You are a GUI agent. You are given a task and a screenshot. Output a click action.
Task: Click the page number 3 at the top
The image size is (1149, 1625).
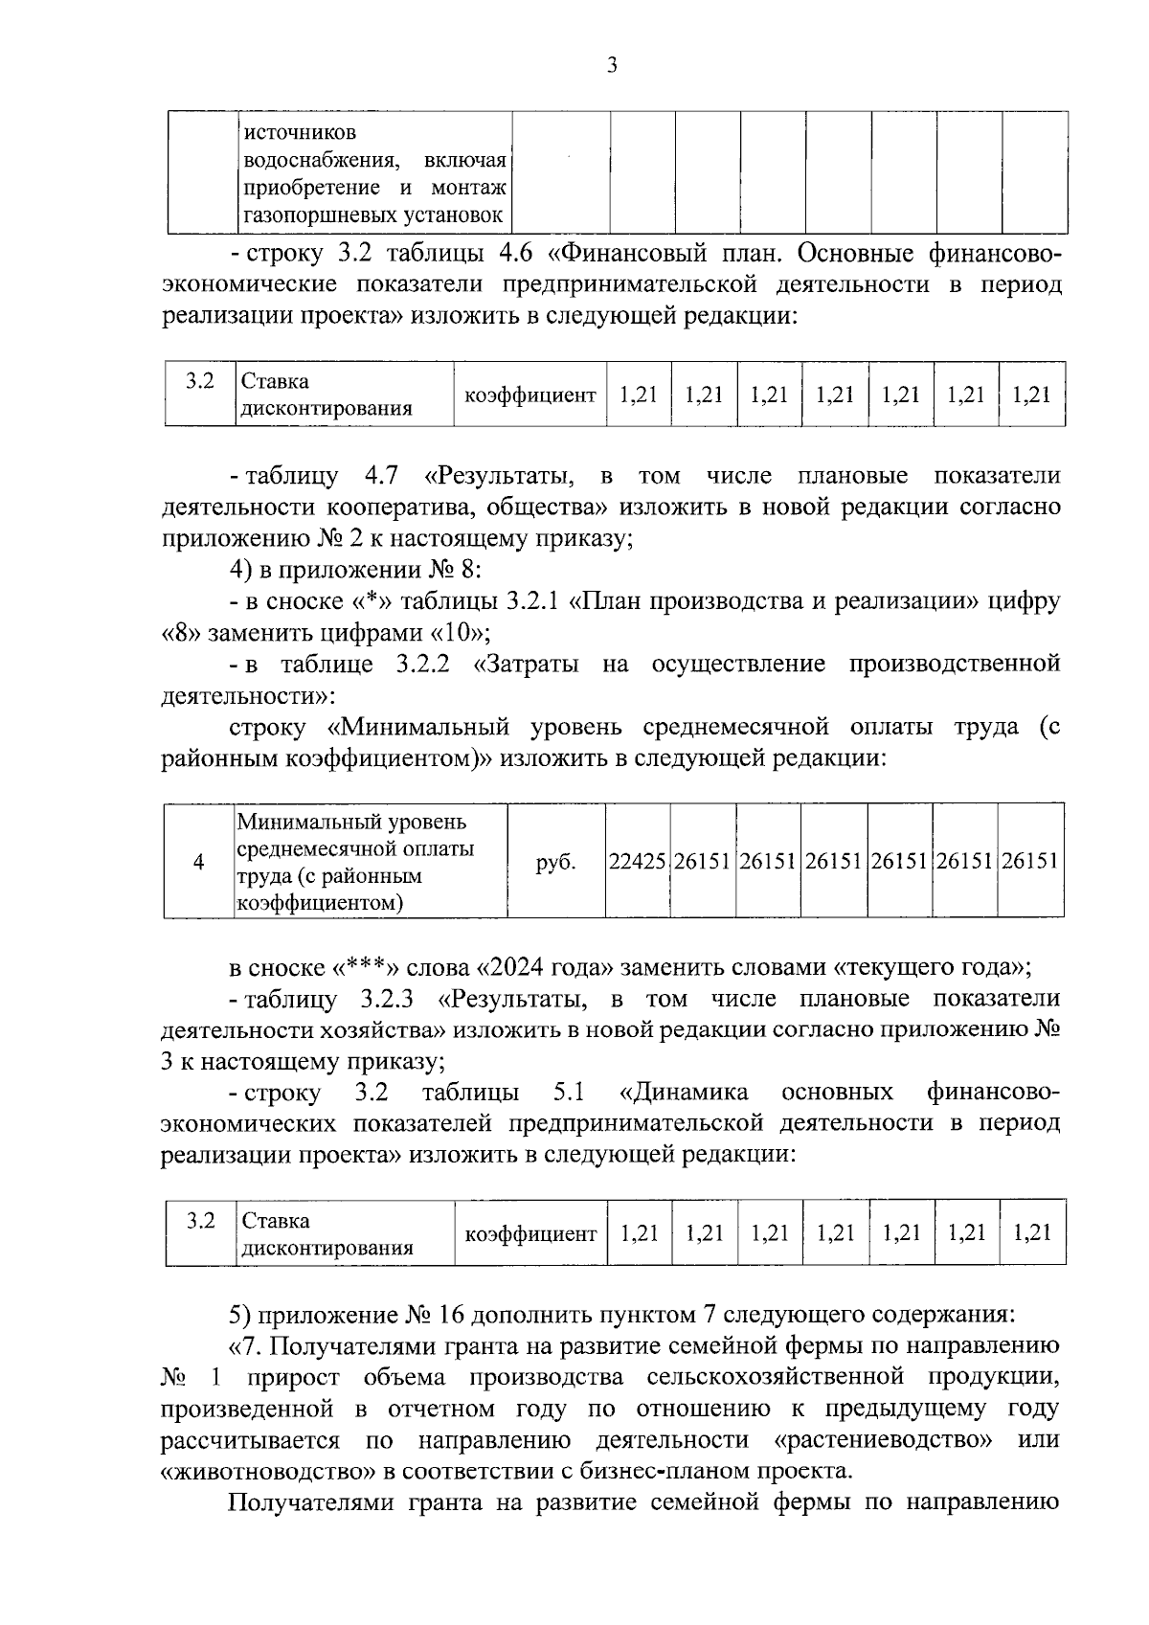612,65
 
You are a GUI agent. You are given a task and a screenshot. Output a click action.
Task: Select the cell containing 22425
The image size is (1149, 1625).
638,861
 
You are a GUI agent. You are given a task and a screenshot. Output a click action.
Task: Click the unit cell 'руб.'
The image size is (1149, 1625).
556,862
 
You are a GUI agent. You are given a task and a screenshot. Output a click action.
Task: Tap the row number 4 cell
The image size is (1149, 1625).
198,862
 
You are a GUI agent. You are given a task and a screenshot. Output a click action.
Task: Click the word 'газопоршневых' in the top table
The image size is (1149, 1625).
304,214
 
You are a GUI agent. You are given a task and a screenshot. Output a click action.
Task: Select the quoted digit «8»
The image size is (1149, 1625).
178,633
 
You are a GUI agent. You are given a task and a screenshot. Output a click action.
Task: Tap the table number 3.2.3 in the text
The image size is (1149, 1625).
387,999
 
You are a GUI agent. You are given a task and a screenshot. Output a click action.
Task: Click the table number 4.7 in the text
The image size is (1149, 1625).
381,476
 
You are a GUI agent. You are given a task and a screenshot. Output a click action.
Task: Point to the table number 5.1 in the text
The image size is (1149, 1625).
569,1093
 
